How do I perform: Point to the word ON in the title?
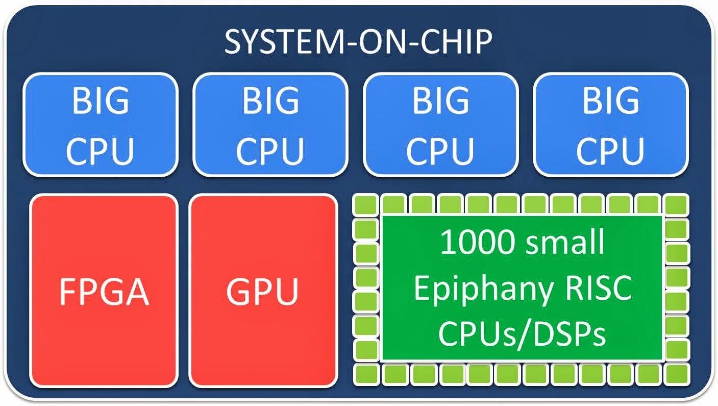[377, 42]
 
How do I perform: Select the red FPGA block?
[104, 290]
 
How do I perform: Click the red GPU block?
[263, 290]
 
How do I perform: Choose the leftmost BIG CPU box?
[100, 125]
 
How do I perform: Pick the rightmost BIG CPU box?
[610, 125]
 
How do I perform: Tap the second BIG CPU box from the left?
[270, 125]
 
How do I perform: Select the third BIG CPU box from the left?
[440, 125]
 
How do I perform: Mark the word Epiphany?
[483, 289]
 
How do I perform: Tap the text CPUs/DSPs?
[522, 334]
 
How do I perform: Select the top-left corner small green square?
[365, 205]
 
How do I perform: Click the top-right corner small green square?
[677, 205]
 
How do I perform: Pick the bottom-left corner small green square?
[365, 374]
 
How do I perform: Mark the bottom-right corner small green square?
[677, 374]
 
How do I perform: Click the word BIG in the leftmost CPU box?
[100, 101]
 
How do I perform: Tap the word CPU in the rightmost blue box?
[610, 150]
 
